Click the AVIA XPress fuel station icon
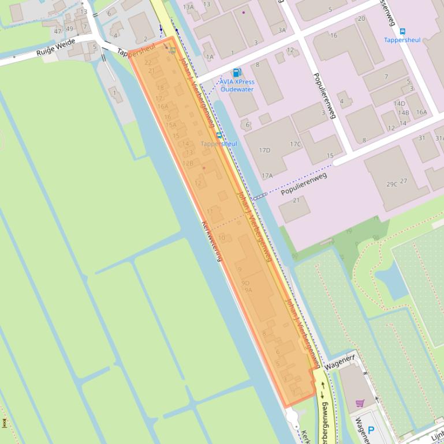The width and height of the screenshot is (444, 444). pos(236,73)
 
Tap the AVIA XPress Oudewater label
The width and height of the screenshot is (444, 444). pos(237,85)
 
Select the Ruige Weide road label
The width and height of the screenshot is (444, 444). pos(56,52)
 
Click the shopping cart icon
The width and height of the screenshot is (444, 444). pos(360,402)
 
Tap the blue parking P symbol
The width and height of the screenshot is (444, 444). pos(371,430)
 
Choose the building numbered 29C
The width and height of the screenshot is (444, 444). pos(392,185)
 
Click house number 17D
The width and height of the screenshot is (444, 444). pos(264,150)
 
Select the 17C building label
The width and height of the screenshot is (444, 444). pos(296,144)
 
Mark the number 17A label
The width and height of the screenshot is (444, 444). pos(267,176)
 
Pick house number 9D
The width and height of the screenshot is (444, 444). pos(245,283)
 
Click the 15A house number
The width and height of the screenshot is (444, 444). pos(171,125)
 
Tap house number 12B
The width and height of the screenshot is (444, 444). pos(188,163)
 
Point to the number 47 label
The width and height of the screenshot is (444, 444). pos(58,31)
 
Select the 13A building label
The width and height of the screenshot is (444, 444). pos(188,7)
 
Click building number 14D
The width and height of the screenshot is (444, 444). pos(400,104)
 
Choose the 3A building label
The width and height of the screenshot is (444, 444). pos(282,31)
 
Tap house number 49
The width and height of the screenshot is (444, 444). pos(70,29)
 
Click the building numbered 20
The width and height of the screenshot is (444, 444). pos(361,18)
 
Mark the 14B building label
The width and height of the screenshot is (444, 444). pos(403,113)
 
